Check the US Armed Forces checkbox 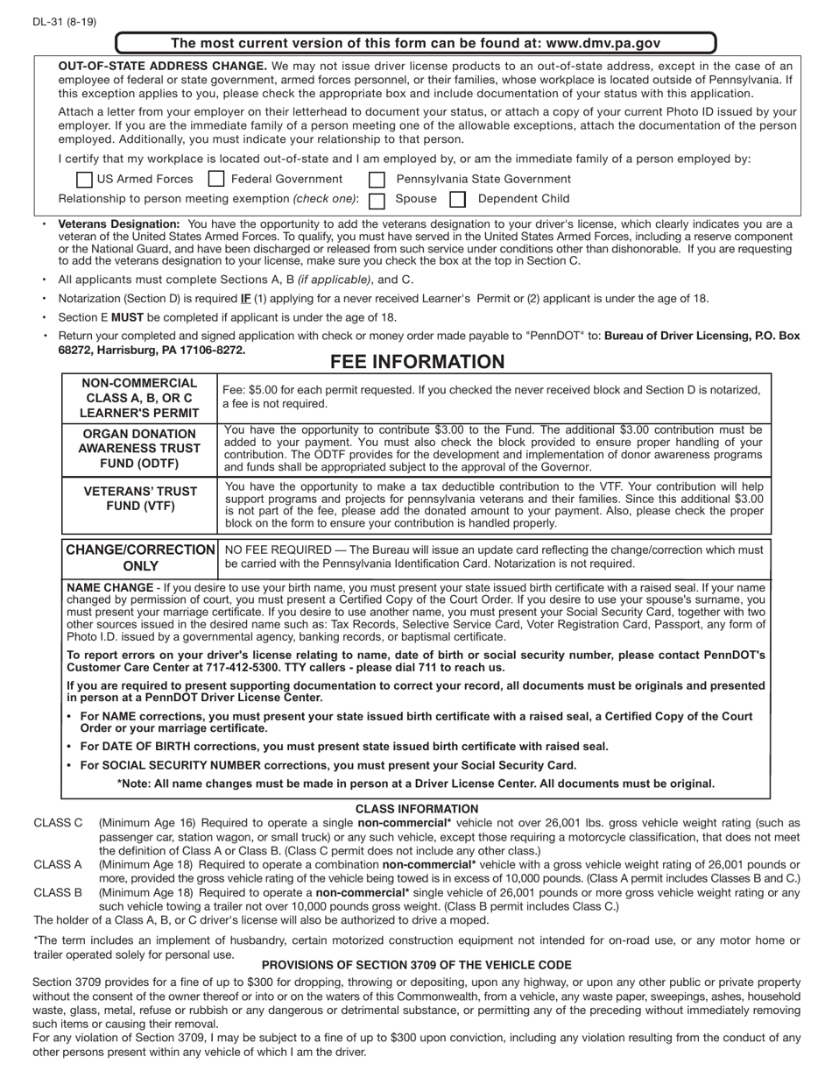click(x=84, y=179)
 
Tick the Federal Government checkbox click(x=216, y=179)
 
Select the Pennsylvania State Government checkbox click(x=377, y=180)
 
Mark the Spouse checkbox click(x=377, y=200)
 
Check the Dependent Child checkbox click(x=457, y=200)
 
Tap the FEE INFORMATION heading click(x=417, y=362)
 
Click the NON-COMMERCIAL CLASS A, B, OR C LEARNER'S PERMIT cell click(x=139, y=398)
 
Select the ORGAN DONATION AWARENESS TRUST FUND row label click(x=139, y=448)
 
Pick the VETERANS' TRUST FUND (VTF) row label click(x=139, y=498)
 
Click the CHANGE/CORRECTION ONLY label click(x=140, y=557)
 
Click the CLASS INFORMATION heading click(x=417, y=808)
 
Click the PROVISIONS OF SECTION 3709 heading click(x=417, y=964)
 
